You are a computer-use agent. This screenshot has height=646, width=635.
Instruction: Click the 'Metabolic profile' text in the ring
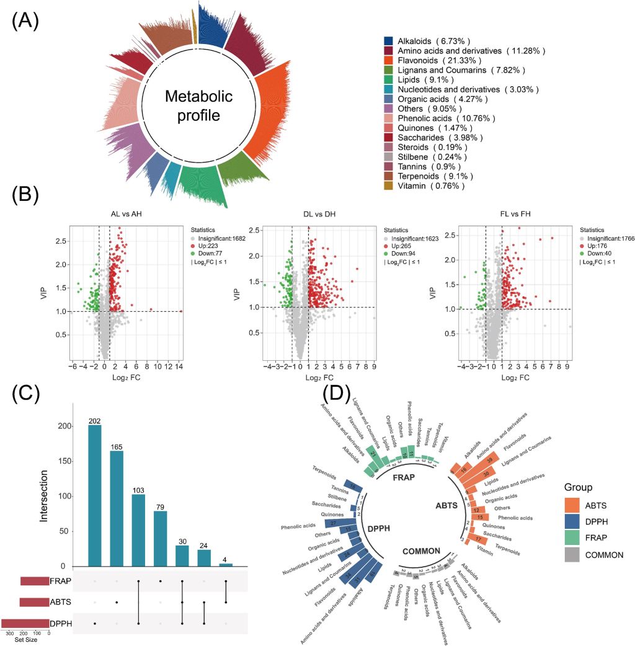point(198,106)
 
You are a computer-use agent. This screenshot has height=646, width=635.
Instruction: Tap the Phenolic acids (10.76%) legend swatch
point(389,118)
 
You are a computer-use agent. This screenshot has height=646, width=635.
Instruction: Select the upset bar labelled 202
point(94,495)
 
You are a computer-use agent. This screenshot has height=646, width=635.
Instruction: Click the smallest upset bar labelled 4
point(228,565)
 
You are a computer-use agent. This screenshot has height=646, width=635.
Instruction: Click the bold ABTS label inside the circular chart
point(446,505)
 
